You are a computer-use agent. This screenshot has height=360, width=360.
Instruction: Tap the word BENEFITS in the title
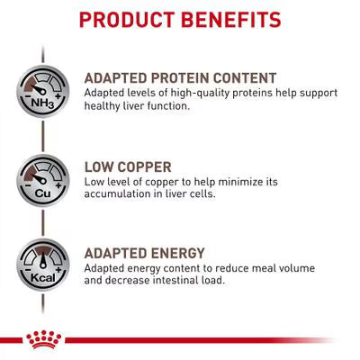click(x=231, y=19)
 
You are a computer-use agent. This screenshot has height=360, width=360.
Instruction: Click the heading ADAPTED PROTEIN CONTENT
click(x=180, y=77)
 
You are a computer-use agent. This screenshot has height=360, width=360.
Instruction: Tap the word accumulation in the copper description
click(x=120, y=193)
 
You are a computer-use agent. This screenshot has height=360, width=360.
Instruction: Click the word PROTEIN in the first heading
click(x=182, y=77)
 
